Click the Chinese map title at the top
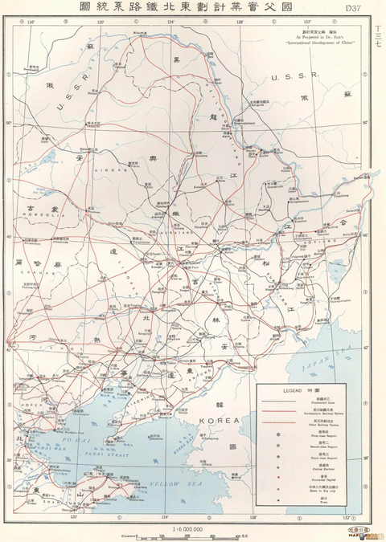pyautogui.click(x=194, y=7)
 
